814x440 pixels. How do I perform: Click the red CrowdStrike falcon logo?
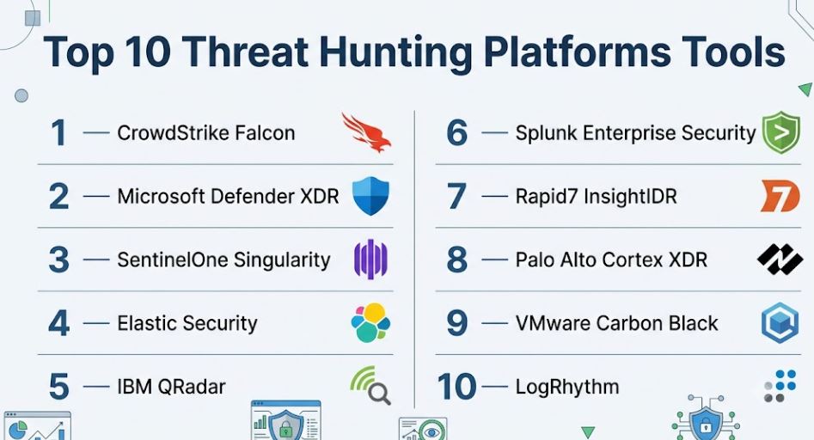366,132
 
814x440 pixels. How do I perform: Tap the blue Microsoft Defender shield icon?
370,196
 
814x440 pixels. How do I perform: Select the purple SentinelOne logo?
370,260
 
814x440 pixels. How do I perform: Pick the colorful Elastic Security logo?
370,323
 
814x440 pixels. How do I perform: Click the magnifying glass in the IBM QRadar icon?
379,394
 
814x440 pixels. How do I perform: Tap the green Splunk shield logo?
781,132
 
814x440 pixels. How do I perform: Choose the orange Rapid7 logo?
780,196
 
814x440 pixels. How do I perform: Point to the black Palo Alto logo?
780,260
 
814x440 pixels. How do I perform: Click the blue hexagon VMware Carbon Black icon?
780,323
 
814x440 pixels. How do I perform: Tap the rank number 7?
456,196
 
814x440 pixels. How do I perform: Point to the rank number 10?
456,387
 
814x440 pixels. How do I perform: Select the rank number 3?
58,260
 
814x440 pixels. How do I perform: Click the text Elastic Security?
187,323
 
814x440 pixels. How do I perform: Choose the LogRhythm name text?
567,387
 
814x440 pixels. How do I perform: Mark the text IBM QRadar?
171,387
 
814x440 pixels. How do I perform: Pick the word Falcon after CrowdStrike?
265,133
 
